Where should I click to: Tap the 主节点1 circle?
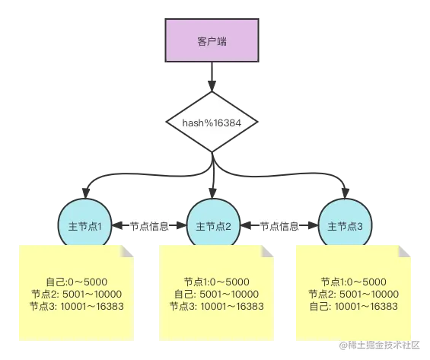85,225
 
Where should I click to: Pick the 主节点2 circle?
214,225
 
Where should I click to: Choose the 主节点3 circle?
345,225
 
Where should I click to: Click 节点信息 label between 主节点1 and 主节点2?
149,225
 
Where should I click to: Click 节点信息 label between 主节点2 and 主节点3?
279,225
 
